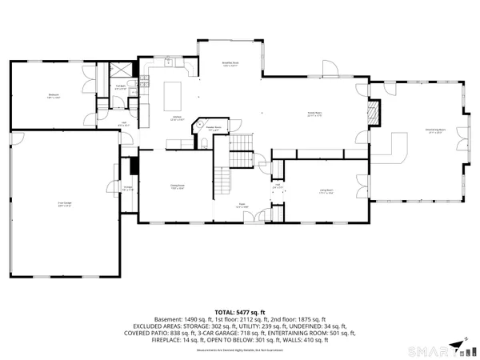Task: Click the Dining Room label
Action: click(x=177, y=187)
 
